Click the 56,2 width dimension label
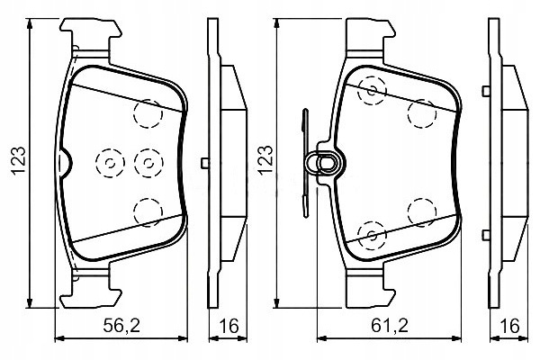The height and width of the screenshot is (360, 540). (x=121, y=325)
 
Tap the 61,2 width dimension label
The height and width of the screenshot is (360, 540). (x=390, y=325)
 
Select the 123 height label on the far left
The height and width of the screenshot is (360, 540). (x=19, y=161)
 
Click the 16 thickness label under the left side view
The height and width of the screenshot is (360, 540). (x=229, y=326)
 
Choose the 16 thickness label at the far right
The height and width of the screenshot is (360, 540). (x=509, y=326)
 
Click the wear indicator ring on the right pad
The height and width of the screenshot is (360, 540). (x=326, y=163)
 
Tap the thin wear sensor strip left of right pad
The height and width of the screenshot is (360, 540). (x=305, y=163)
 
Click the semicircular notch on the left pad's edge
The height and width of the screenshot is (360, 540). (x=66, y=163)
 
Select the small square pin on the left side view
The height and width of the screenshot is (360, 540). (x=205, y=163)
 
